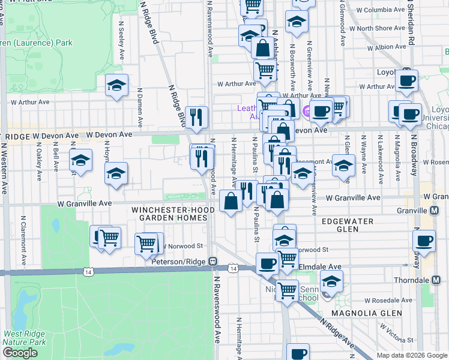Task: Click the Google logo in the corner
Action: point(20,353)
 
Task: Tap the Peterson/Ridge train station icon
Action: point(212,262)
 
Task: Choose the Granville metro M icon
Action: point(434,211)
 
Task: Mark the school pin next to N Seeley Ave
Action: point(117,86)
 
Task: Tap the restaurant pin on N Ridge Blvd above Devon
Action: point(196,116)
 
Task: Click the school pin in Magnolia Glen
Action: point(331,281)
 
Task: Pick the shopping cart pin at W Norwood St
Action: point(146,244)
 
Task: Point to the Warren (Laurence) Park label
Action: point(36,43)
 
